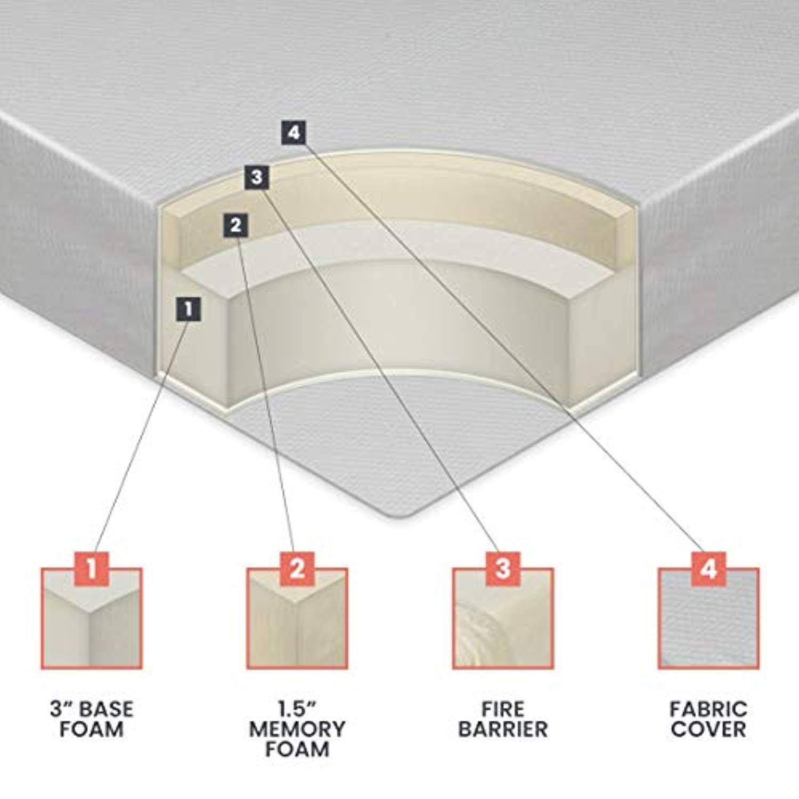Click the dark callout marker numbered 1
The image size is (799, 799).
coord(189,308)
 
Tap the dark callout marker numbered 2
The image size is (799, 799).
coord(236,225)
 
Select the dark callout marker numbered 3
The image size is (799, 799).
coord(257,177)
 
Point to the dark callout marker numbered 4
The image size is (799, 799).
coord(294,133)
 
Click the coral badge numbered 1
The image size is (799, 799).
coord(92,568)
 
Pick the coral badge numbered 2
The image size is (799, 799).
coord(297,568)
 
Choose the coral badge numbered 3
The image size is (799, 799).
coord(503,568)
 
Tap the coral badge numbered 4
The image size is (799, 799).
coord(708,568)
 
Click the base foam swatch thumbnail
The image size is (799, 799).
coord(92,618)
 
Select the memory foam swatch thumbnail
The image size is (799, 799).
coord(297,618)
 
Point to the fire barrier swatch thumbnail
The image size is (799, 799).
coord(503,618)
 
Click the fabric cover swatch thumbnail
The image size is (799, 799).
coord(708,618)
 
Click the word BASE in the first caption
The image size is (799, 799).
coord(107,710)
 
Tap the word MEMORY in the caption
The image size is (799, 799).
coord(297,729)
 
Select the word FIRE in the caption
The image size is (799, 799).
coord(503,710)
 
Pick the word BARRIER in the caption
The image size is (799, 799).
coord(503,729)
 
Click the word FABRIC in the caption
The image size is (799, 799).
coord(708,710)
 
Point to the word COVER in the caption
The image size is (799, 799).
coord(708,729)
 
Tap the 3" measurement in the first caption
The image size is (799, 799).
coord(62,710)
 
